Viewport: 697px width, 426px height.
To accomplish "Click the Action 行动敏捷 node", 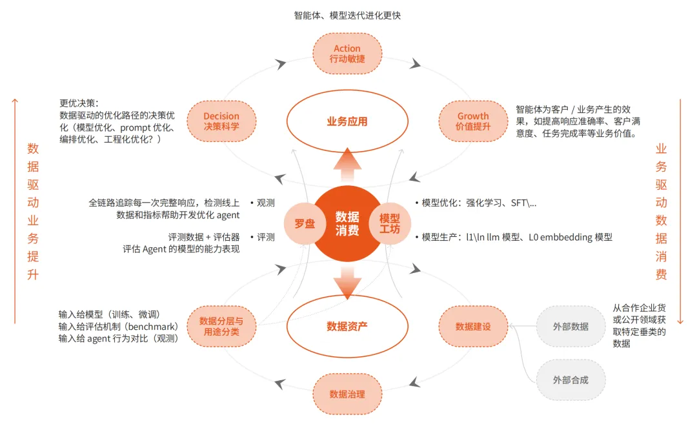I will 347,53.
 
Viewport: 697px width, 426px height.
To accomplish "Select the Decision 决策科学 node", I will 221,121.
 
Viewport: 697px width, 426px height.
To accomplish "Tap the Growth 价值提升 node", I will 473,121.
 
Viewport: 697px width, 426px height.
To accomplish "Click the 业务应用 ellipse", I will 347,121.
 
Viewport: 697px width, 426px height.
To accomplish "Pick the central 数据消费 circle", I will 347,223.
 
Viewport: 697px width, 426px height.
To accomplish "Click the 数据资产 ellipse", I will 347,326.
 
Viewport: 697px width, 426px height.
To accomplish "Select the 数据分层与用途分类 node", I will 221,326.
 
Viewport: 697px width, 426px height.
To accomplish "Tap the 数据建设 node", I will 473,326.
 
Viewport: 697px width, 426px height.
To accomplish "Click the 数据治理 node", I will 347,394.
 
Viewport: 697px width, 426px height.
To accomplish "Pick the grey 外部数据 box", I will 571,326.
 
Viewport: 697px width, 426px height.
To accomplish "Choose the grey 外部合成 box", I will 571,380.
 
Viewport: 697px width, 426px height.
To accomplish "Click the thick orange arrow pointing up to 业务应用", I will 347,167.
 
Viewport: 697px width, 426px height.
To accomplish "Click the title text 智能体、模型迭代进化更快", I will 347,15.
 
